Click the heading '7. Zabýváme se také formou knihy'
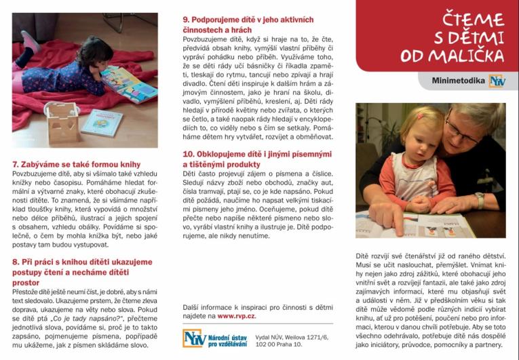[76, 164]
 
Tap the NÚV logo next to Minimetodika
[497, 81]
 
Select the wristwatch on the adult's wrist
[480, 201]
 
